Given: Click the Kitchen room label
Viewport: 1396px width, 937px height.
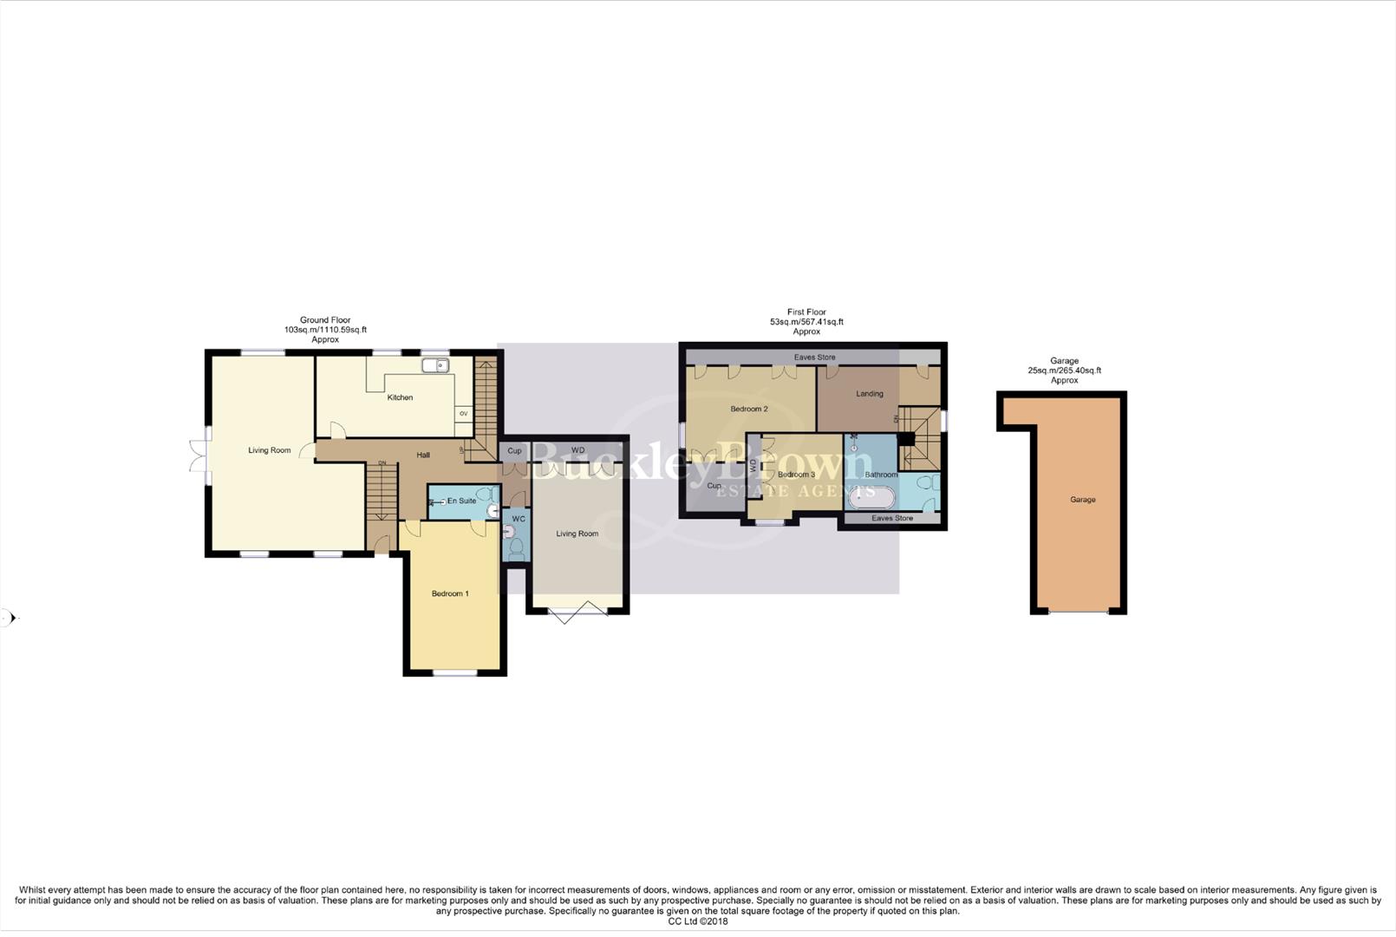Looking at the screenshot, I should [x=400, y=397].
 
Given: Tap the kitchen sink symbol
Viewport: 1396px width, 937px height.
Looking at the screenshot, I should [x=435, y=365].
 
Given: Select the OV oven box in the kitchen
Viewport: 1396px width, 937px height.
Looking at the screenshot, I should [x=463, y=414].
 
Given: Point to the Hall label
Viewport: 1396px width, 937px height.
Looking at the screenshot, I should [x=423, y=455].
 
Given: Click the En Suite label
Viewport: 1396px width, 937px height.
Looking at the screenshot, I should [x=461, y=501].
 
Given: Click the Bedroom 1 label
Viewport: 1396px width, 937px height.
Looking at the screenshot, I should [x=450, y=593].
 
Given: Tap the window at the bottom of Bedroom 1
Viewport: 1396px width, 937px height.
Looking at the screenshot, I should [x=454, y=673].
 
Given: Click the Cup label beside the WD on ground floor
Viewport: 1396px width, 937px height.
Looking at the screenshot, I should [x=514, y=451].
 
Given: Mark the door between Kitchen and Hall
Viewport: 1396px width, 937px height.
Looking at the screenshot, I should [x=338, y=430].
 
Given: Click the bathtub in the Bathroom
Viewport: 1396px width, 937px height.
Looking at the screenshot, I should [x=871, y=498].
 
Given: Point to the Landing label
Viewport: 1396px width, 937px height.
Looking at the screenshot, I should [x=869, y=394].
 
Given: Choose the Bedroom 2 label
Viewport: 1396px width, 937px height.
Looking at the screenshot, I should [x=748, y=409].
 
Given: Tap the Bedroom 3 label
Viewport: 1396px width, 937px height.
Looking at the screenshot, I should [x=795, y=475].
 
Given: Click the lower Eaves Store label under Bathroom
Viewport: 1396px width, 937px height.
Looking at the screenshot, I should [x=891, y=518].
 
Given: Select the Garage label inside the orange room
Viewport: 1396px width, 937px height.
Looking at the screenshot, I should [x=1082, y=500].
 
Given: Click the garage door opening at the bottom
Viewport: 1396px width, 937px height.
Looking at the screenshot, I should [x=1078, y=613].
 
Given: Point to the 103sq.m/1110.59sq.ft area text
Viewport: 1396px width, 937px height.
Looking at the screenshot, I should [x=325, y=330].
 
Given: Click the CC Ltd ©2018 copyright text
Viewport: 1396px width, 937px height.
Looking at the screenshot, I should [x=697, y=921].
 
